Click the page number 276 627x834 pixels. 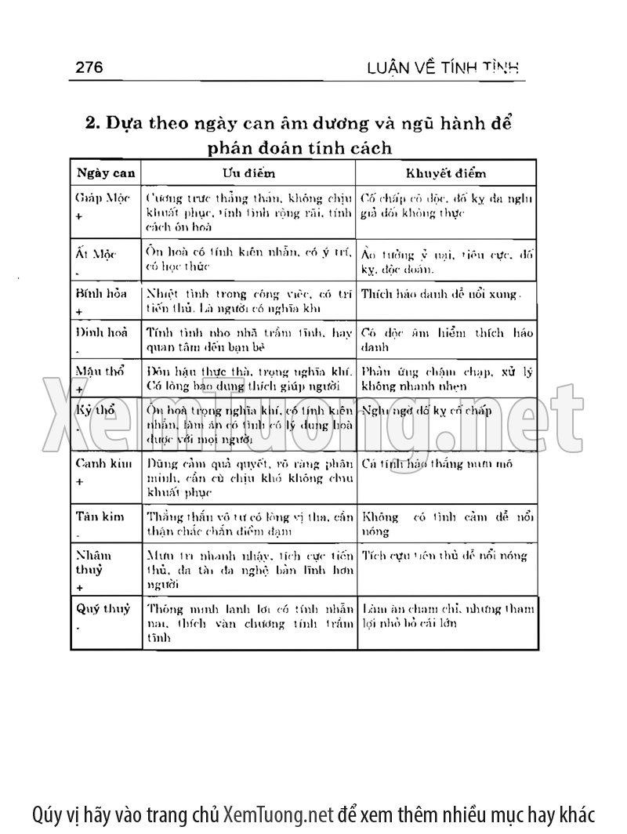(x=89, y=67)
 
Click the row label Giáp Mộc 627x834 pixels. (x=102, y=198)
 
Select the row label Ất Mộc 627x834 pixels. (x=95, y=256)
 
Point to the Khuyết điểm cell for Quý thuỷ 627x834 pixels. (x=447, y=615)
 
